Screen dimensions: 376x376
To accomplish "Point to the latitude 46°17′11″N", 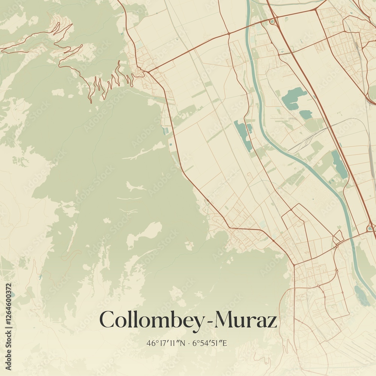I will (x=167, y=343).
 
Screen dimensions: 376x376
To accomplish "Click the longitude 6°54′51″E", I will (x=209, y=343).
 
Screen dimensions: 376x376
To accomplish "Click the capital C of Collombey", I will (x=107, y=320).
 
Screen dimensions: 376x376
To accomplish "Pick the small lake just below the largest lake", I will (x=306, y=114).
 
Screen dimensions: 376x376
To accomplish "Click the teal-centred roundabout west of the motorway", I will (x=272, y=21).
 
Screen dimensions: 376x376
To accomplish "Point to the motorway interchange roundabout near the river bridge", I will (x=370, y=228).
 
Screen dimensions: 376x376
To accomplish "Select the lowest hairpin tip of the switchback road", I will (x=90, y=101).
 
